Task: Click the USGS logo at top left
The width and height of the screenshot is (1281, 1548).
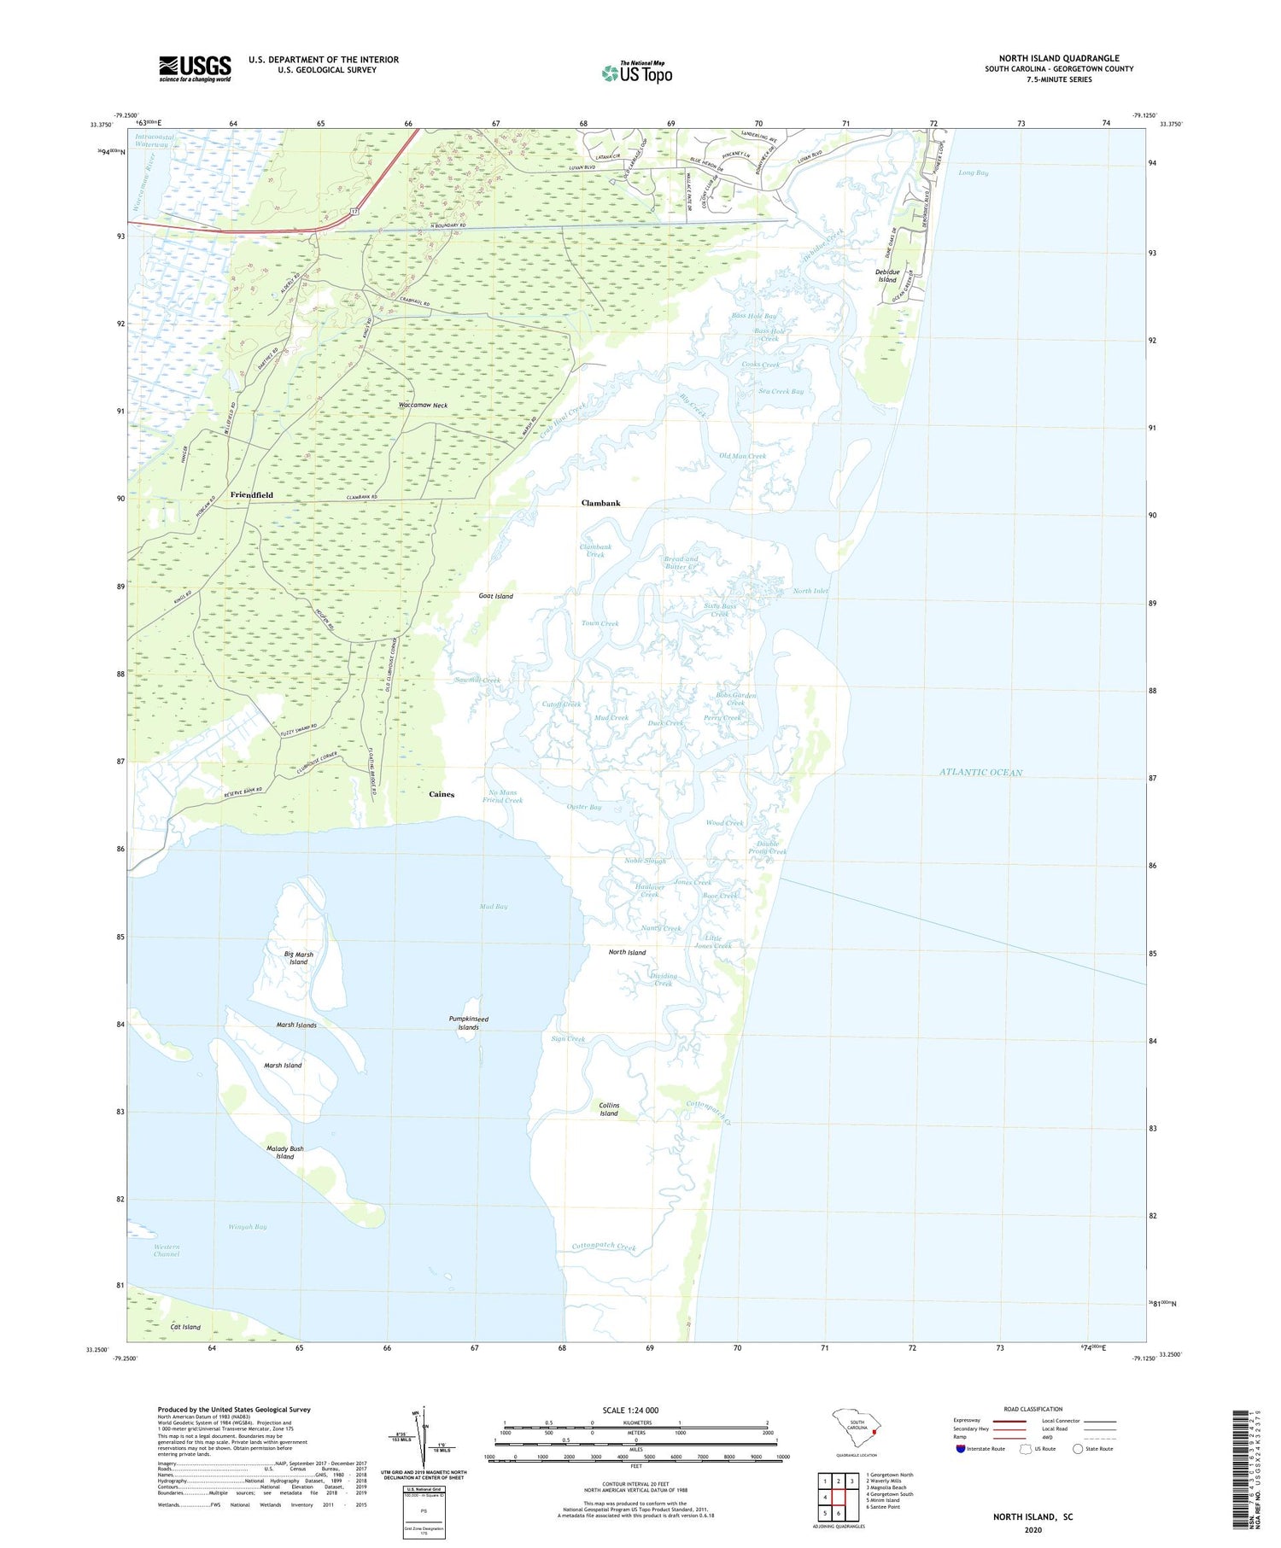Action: click(x=195, y=68)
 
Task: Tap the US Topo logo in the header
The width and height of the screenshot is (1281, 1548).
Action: click(x=637, y=73)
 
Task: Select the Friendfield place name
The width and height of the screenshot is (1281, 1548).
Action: click(x=252, y=495)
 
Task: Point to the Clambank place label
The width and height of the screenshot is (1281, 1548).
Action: click(x=600, y=503)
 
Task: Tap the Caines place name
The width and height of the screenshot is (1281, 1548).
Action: click(x=442, y=794)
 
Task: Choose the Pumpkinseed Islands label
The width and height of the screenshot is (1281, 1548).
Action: click(x=468, y=1023)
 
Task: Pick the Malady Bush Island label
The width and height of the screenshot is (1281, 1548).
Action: click(x=284, y=1153)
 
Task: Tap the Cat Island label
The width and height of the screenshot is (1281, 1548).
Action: click(x=185, y=1327)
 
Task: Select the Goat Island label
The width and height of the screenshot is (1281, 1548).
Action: click(x=495, y=596)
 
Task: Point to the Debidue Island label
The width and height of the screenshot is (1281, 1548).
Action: click(x=886, y=276)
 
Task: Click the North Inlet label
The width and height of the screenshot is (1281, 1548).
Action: click(x=810, y=591)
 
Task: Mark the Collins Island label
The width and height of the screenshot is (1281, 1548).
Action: click(x=609, y=1109)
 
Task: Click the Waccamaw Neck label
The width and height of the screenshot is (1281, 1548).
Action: click(x=423, y=406)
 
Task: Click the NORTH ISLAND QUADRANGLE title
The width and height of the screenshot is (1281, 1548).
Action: click(x=1059, y=58)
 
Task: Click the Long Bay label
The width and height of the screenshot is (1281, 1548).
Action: click(x=973, y=172)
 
